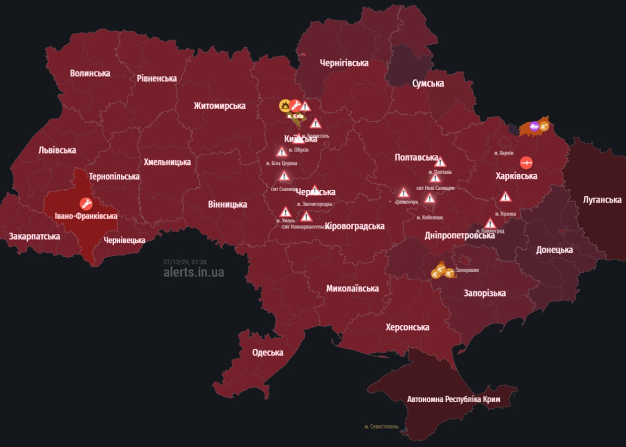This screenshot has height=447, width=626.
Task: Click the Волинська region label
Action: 90,73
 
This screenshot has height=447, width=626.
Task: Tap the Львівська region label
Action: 57,150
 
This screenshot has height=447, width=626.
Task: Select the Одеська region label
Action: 267,353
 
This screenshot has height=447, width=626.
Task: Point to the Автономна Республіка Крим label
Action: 453,399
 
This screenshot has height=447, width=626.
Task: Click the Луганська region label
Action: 602,200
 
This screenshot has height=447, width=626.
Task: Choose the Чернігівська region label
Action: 344,63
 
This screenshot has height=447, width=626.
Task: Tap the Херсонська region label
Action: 407,327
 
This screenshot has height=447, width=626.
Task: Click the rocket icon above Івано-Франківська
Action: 86,203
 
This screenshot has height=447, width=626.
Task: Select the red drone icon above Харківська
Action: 527,162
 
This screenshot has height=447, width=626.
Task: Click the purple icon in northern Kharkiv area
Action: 534,126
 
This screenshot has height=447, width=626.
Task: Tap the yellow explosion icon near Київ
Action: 285,105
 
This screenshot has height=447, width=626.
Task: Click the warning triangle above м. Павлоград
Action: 490,223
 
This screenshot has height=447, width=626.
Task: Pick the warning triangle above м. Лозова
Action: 505,197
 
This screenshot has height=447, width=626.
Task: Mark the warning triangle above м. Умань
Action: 285,212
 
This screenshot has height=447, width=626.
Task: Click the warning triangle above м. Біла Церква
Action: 282,152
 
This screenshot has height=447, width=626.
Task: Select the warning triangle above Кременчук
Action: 404,193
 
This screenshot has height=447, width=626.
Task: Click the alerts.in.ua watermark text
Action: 193,272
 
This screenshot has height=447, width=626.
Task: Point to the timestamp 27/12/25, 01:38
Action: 185,262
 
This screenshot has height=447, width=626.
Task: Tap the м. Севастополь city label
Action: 381,426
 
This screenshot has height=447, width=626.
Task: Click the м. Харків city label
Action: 504,153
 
